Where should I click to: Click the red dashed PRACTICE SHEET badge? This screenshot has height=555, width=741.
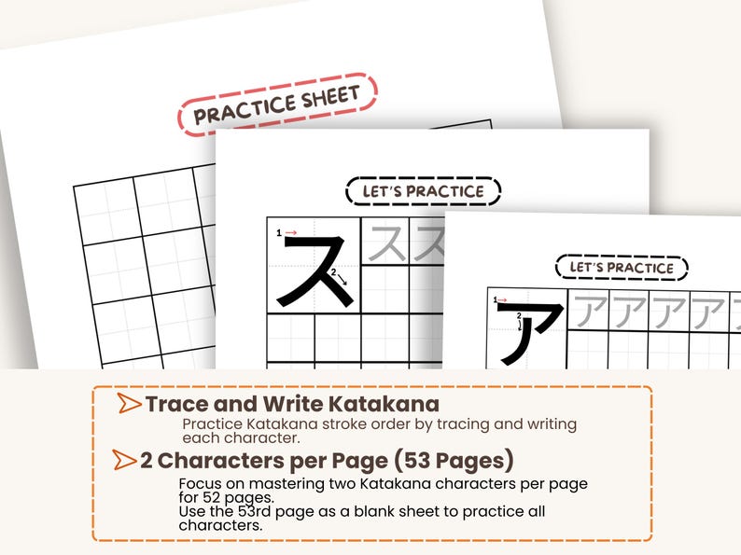tap(277, 105)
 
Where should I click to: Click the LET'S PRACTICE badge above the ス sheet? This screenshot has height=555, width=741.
tap(424, 192)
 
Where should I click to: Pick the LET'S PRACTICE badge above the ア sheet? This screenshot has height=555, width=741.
tap(622, 268)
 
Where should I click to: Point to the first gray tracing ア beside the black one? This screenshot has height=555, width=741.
tap(590, 311)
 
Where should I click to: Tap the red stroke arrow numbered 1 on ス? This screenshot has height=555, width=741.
tap(291, 232)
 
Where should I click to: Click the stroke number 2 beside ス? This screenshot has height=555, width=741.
tap(333, 271)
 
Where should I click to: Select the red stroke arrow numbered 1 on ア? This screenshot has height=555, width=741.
tap(506, 300)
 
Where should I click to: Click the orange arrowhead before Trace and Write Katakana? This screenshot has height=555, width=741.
tap(129, 405)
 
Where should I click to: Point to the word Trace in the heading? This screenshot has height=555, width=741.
tap(175, 405)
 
